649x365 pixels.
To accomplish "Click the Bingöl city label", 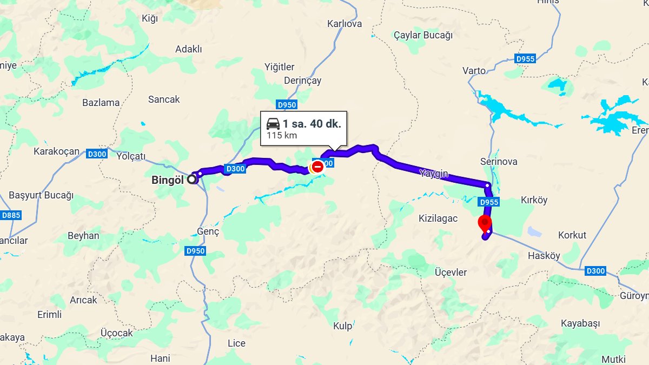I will coord(169,180).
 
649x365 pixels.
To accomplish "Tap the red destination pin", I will coord(485,222).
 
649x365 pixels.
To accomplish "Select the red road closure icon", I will coord(317,167).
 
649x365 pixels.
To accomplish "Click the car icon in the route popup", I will coord(273,123).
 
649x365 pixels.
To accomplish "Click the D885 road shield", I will coord(11,215).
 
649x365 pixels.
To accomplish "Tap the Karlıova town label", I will coord(345,24).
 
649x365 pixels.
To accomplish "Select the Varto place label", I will coord(474,71).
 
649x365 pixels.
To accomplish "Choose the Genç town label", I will coord(208,231).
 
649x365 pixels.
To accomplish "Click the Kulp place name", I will coord(343,326).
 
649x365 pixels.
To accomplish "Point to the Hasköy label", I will coord(544,256).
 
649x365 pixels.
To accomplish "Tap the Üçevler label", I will coord(451,273).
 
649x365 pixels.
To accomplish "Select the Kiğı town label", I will coord(149,19).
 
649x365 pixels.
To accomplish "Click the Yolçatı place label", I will coord(131,156).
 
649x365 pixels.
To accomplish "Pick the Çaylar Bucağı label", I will coord(423,35).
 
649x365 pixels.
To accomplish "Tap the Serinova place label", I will coord(499,162).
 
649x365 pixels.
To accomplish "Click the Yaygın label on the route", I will coord(434,174).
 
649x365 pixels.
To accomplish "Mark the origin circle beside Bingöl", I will coord(193,180).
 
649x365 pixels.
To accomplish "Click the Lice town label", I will coord(236,343).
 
